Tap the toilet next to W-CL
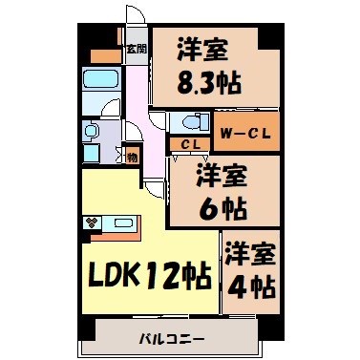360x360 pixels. pos(192,123)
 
